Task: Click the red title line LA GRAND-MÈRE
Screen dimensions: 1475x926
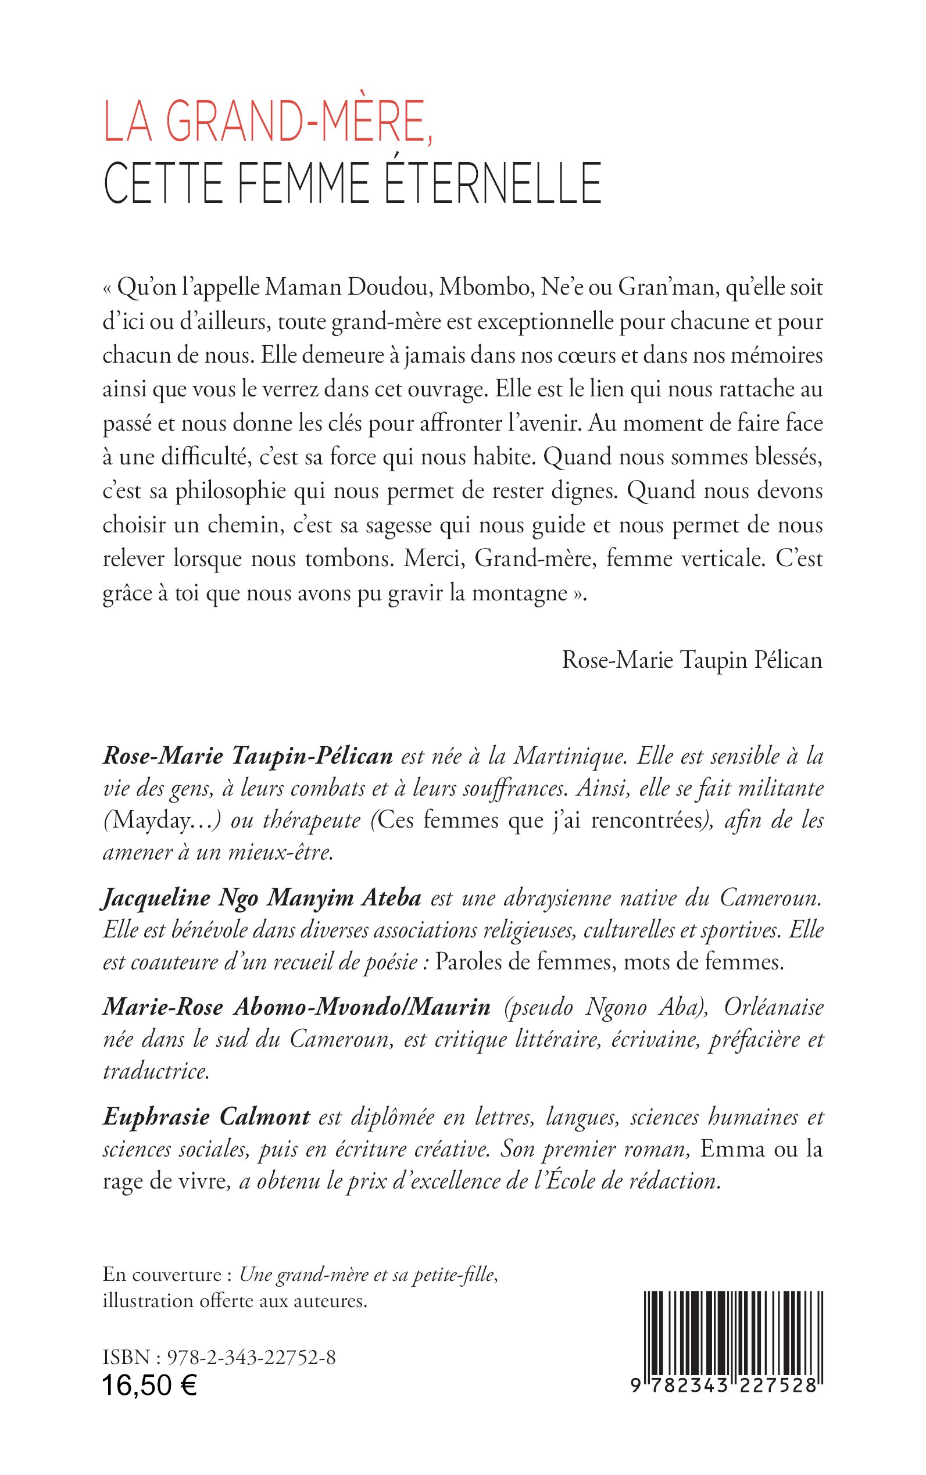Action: click(x=268, y=123)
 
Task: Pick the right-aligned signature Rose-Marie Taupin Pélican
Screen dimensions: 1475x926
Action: click(x=692, y=660)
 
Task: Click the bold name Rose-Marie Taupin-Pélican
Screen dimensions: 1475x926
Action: click(x=248, y=757)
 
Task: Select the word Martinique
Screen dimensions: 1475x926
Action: click(x=570, y=757)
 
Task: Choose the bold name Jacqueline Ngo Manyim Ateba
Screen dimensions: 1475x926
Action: click(x=262, y=898)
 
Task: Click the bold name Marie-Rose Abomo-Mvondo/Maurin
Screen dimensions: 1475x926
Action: click(x=296, y=1007)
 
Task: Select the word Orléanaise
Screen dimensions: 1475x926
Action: click(x=774, y=1007)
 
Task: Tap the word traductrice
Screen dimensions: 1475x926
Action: click(x=156, y=1071)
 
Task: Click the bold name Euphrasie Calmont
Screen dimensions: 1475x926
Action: click(x=206, y=1118)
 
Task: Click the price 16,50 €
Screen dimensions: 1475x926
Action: click(x=149, y=1386)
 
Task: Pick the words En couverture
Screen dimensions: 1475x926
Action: click(x=162, y=1274)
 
